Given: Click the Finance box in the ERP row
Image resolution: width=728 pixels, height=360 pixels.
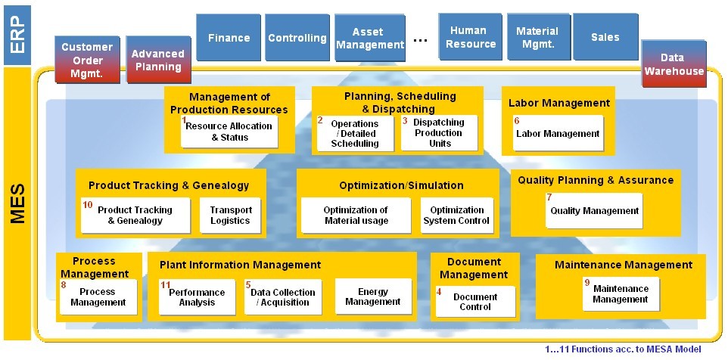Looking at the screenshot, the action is tap(229, 38).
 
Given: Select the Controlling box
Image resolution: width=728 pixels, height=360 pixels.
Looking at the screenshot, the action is tap(297, 38).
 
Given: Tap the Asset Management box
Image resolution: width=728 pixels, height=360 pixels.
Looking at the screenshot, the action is tap(370, 38).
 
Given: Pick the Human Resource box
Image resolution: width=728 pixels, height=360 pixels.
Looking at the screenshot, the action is tap(470, 37).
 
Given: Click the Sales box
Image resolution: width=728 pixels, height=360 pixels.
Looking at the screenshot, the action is tap(605, 37).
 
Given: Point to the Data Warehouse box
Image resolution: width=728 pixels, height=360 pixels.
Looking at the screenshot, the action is tap(674, 64).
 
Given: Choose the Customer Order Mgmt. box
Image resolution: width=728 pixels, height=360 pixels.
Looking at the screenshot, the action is tap(87, 60).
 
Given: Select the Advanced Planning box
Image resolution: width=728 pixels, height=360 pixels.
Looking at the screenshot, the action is tap(159, 60).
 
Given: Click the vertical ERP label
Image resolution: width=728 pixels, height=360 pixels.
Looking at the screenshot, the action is tap(17, 36).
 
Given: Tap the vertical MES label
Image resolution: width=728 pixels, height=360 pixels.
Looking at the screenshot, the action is tap(17, 203).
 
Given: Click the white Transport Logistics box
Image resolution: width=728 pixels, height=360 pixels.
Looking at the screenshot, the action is tap(231, 216).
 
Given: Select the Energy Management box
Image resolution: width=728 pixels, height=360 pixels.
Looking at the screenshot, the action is tap(373, 296).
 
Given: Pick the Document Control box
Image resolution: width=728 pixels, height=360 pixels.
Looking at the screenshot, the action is tap(475, 302).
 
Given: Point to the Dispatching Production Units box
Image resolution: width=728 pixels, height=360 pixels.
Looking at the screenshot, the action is tap(439, 132).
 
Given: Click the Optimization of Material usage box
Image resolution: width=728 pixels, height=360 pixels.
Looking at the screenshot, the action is tap(356, 216).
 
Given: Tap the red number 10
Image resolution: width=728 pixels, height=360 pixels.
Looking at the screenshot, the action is tap(88, 204).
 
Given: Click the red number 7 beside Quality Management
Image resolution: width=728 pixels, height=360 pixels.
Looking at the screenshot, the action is tap(549, 197).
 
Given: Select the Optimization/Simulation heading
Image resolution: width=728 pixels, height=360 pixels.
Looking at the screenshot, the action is tap(401, 185).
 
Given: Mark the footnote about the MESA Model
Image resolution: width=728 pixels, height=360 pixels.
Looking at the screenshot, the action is tap(623, 349).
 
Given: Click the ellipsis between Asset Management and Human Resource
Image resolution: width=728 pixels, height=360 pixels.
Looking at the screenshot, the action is tap(420, 41).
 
